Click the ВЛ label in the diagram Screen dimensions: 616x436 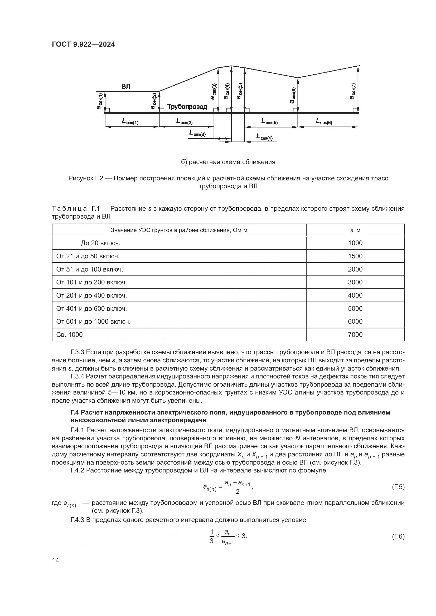126,86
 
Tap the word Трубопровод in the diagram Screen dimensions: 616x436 187,107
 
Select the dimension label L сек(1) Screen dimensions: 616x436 130,121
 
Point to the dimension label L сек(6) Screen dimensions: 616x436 324,121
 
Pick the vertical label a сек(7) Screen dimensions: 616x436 353,91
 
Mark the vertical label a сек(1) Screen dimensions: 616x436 99,101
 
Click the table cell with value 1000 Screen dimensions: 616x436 355,243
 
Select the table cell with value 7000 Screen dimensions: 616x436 355,334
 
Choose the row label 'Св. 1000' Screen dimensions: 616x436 70,334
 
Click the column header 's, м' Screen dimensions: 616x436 355,230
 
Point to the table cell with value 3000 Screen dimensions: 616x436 355,282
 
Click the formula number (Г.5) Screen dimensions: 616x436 398,487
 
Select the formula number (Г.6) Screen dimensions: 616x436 398,536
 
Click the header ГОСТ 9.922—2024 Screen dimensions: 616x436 84,45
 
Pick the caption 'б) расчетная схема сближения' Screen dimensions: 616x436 228,162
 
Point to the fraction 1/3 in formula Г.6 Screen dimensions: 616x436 212,536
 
